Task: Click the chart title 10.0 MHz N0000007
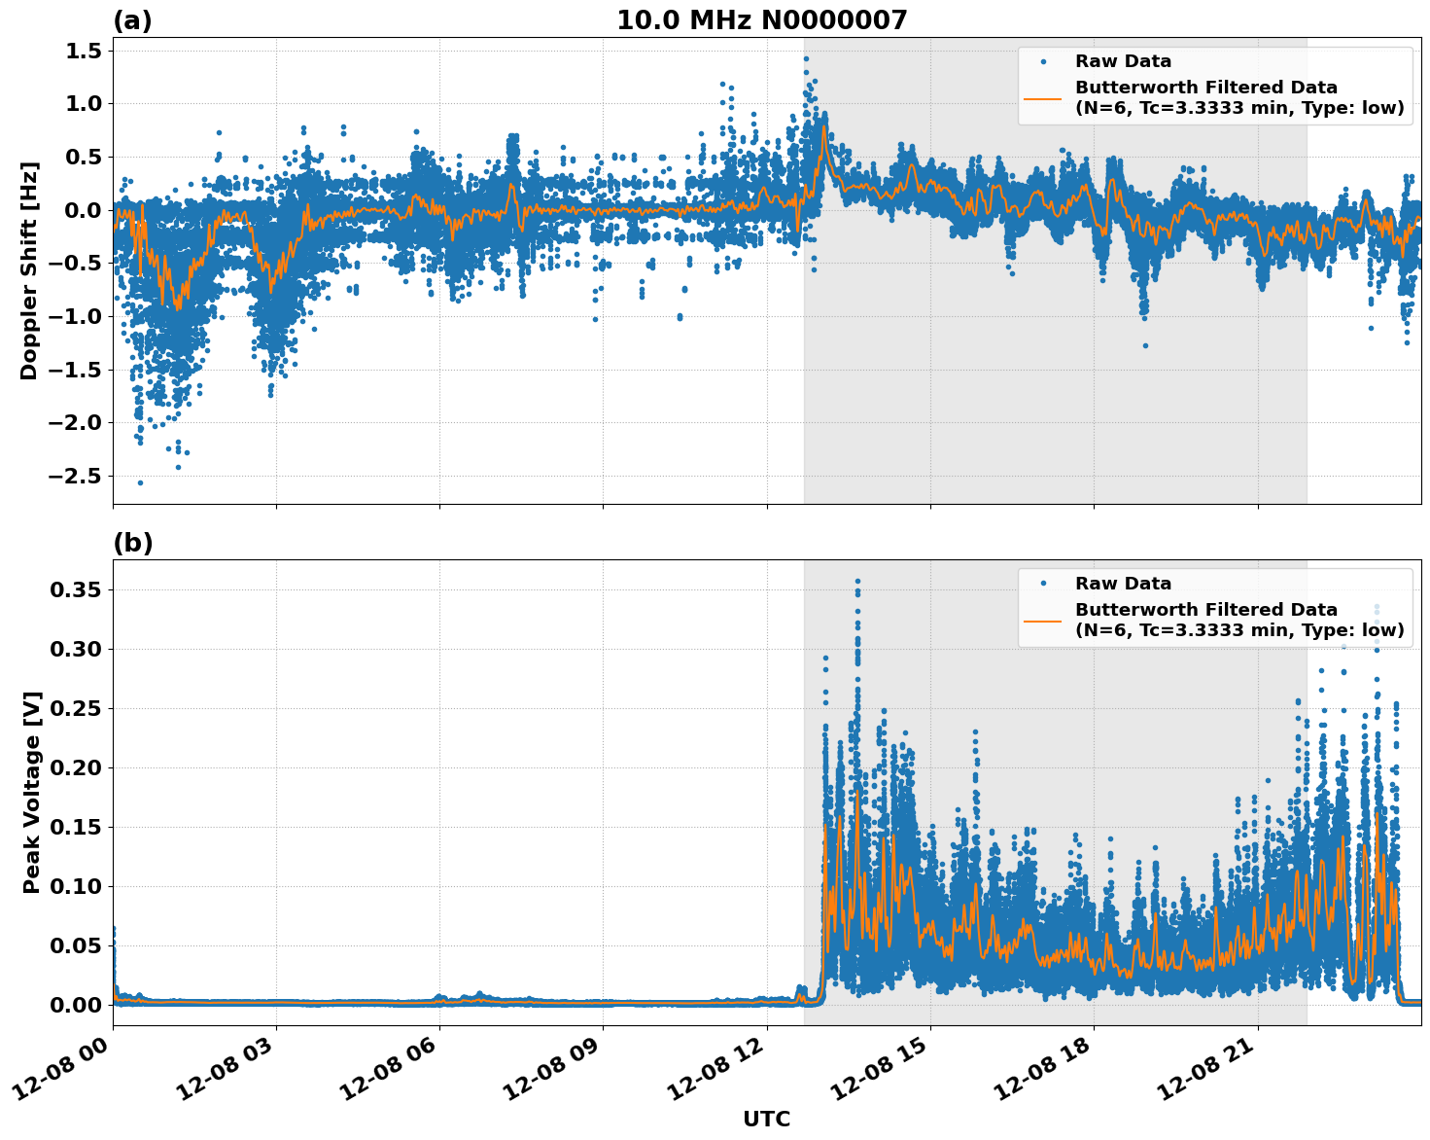click(x=761, y=20)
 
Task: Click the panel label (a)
click(x=132, y=20)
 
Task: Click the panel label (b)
click(x=132, y=543)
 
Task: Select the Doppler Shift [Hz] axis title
click(x=29, y=270)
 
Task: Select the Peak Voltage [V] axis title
click(x=32, y=793)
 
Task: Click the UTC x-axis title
click(x=766, y=1119)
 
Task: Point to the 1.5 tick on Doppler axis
click(x=83, y=51)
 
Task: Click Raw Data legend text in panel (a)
click(x=1123, y=61)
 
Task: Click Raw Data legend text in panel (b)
click(x=1123, y=584)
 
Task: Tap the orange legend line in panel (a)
click(x=1042, y=98)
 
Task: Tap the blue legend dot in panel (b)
click(x=1043, y=584)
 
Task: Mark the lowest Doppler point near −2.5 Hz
click(x=140, y=482)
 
